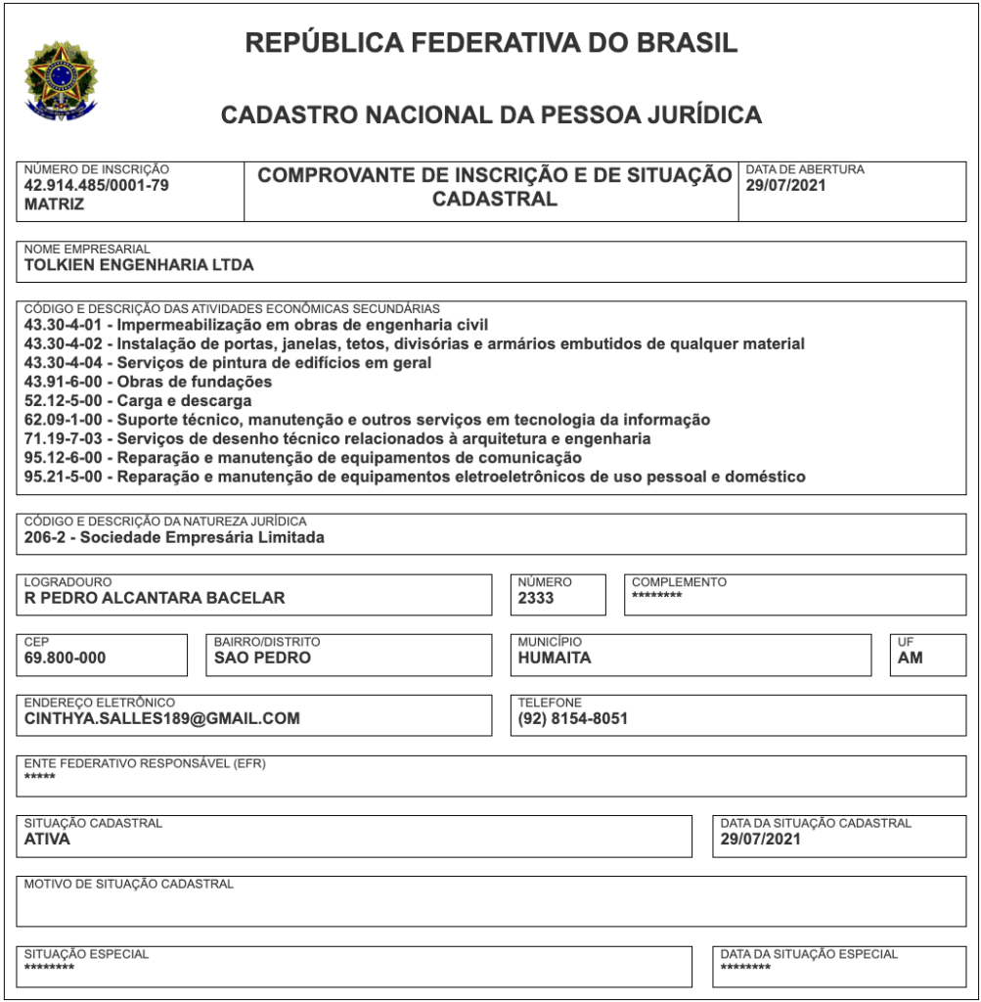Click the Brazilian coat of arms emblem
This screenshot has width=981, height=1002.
point(61,77)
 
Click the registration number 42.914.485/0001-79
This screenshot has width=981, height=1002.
point(96,186)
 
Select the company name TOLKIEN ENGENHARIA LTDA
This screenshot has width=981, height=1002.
point(139,263)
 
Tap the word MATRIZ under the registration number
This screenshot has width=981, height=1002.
point(54,205)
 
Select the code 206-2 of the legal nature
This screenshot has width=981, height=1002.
point(45,536)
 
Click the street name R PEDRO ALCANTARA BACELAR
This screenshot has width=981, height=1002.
point(155,598)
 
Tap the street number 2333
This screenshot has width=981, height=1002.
point(536,598)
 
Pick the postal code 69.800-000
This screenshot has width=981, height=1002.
point(65,658)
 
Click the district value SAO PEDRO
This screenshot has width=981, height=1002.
point(262,658)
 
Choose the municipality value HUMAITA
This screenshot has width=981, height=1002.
point(555,658)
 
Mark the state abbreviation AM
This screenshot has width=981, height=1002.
point(910,658)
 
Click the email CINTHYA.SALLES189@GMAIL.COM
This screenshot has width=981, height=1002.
point(162,718)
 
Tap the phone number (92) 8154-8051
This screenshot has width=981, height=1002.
point(573,718)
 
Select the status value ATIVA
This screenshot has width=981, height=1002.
point(47,839)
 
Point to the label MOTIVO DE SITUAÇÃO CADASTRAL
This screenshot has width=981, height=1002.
point(129,884)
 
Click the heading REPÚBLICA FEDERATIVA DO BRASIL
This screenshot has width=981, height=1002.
point(491,43)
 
